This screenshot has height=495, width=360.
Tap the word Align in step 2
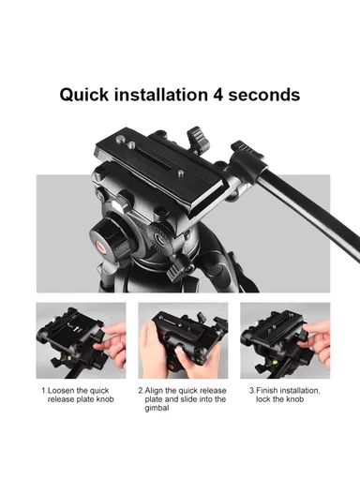coord(157,390)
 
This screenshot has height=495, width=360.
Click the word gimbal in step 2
coord(157,409)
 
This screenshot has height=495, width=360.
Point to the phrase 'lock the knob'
coord(281,399)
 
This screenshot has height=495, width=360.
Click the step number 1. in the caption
coord(43,390)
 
